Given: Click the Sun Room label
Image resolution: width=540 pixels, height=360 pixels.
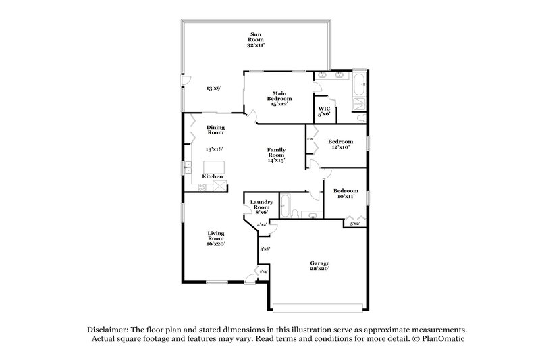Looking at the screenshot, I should [256, 36].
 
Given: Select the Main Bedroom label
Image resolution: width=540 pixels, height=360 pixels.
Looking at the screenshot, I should [281, 96].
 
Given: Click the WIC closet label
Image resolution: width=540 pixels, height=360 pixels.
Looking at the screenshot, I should [323, 108].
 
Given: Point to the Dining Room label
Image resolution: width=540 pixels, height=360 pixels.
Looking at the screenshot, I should [215, 129].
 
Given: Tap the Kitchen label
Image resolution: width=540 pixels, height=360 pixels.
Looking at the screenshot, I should [213, 176].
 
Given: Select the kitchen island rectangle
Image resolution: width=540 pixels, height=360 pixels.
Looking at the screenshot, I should [215, 167].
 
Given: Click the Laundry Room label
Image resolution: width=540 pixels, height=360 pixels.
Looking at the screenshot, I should [261, 205].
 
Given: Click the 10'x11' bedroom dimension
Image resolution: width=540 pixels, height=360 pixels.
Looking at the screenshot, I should [346, 197].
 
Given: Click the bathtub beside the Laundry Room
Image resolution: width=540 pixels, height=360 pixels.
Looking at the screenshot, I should [287, 206].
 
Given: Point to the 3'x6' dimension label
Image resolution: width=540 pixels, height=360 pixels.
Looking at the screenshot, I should [265, 249].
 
